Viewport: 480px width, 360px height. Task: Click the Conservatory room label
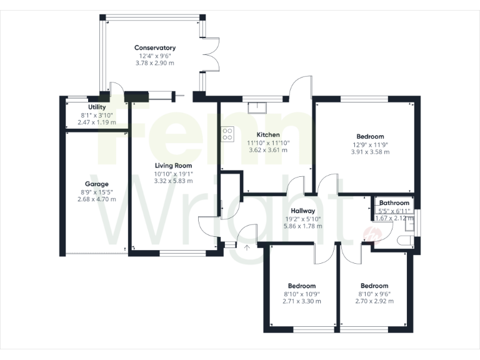[x=155, y=47]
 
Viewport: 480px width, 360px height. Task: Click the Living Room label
[x=174, y=166]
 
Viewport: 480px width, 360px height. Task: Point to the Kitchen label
[x=268, y=134]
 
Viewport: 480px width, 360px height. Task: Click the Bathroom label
[x=394, y=203]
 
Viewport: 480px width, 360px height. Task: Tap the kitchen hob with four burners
[x=227, y=134]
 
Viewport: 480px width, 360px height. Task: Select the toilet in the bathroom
[x=404, y=241]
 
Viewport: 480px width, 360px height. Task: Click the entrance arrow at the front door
[x=246, y=248]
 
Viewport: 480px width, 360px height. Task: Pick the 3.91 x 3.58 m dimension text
[x=370, y=152]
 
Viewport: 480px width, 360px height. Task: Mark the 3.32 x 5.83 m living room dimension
[x=174, y=181]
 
